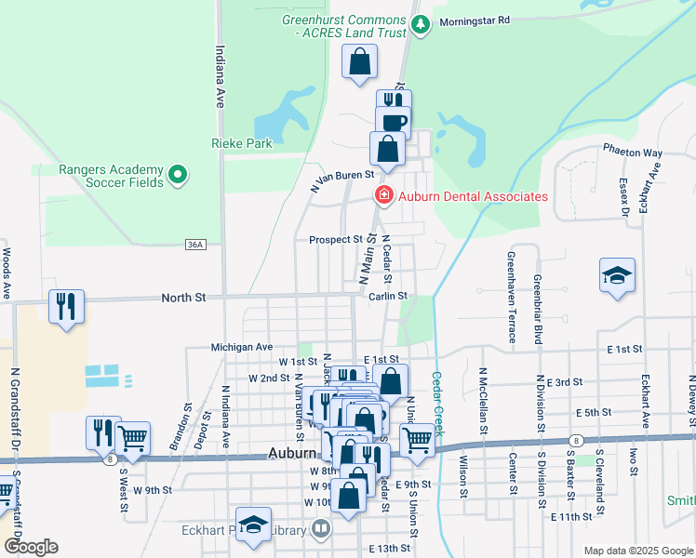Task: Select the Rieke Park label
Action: click(x=241, y=144)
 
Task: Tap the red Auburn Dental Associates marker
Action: click(x=381, y=195)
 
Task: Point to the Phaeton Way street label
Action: click(x=633, y=153)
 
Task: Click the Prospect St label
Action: click(x=336, y=239)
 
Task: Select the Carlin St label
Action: click(x=387, y=296)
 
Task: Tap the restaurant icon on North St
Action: click(x=66, y=307)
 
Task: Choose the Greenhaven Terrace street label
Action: click(x=511, y=297)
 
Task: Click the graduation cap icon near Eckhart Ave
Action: click(x=617, y=275)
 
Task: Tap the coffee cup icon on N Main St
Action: click(x=393, y=122)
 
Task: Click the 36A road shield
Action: click(x=194, y=244)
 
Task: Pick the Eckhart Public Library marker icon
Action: click(x=321, y=530)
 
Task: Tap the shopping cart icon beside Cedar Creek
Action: click(x=417, y=439)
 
